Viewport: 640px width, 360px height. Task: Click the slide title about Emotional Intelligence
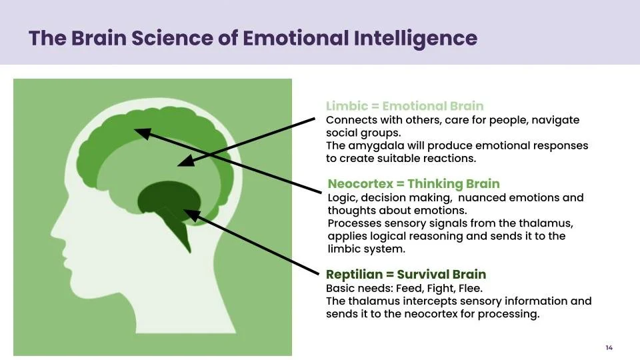[x=253, y=37]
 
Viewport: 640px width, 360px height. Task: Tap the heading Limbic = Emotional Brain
[x=405, y=106]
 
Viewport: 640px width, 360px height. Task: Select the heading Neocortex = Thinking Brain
[x=413, y=183]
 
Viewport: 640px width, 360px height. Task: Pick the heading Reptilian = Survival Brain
[x=406, y=274]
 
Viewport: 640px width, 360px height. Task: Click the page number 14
[x=609, y=347]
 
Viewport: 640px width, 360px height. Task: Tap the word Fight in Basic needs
[x=441, y=288]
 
